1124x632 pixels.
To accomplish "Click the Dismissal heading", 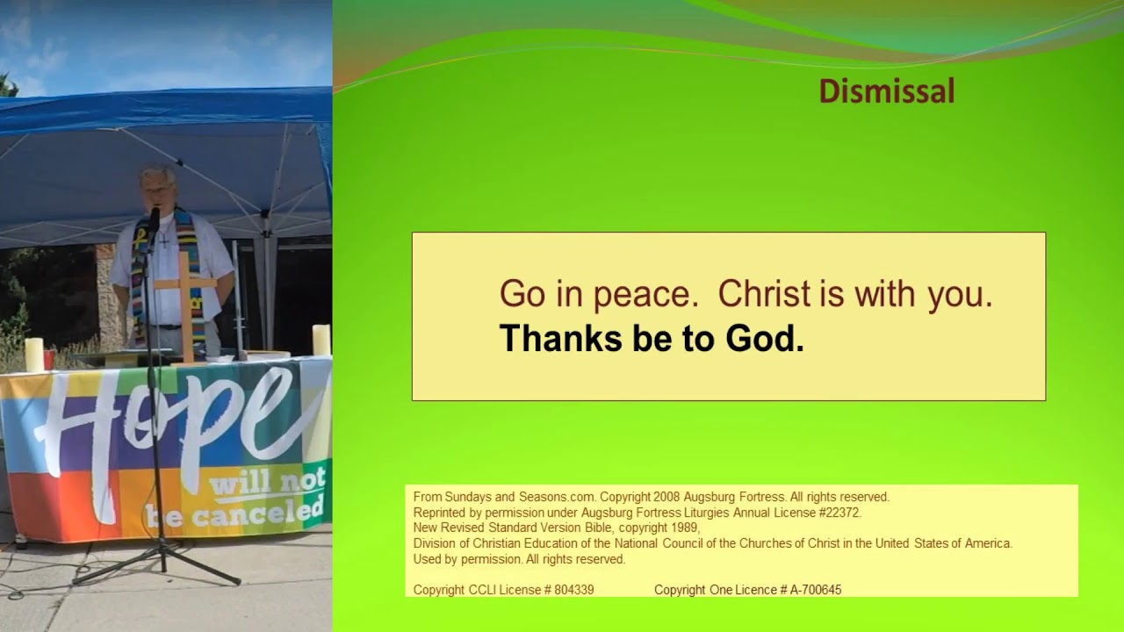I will [x=886, y=91].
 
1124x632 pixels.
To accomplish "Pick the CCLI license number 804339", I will [x=573, y=590].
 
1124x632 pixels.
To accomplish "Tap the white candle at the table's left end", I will [x=34, y=355].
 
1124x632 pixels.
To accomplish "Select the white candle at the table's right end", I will [x=321, y=340].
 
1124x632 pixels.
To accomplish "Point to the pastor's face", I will [x=158, y=189].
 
